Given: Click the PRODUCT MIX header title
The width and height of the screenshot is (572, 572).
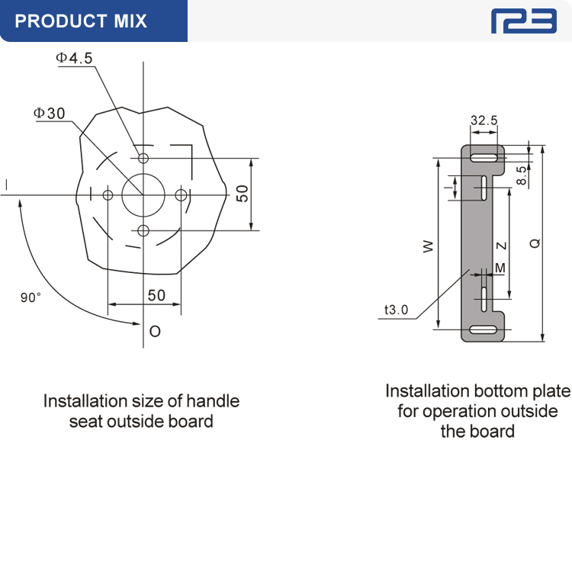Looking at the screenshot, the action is coord(81,21).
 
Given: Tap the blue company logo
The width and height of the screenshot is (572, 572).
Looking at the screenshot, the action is coord(523,21).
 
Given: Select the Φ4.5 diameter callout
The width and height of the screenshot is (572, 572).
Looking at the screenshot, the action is coord(74,58).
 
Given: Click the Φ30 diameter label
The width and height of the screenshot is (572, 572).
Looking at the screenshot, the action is coord(50,113).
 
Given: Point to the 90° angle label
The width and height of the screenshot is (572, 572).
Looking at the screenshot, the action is coord(31,297).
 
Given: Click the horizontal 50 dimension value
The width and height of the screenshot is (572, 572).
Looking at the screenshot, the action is coord(156,295).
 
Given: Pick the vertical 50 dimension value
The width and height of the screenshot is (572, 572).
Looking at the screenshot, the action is coord(243,194).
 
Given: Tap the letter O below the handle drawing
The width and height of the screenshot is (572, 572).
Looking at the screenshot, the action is coord(155,331).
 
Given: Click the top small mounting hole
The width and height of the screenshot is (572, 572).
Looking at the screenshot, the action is coord(143,159).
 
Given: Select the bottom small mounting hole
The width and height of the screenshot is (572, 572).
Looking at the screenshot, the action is coord(143,230).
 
